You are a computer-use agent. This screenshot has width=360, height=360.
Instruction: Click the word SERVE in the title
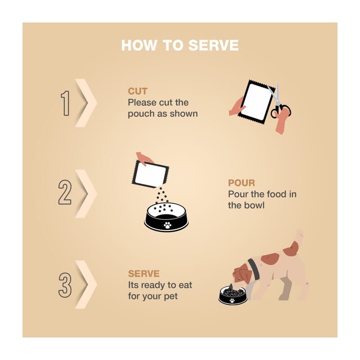(x=213, y=45)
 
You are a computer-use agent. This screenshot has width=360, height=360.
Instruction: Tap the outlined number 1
(x=65, y=103)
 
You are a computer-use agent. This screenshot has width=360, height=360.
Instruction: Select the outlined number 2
(x=65, y=192)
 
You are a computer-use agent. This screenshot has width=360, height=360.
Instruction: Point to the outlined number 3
(x=65, y=285)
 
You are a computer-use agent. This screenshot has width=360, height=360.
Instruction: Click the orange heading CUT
(x=138, y=91)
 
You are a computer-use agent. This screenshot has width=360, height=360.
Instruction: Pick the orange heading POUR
(x=241, y=183)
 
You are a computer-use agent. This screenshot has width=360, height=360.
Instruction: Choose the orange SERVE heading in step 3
(x=144, y=274)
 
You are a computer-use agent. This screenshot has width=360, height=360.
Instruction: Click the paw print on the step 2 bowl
(x=167, y=225)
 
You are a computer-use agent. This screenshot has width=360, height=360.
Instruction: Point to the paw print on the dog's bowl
(x=232, y=300)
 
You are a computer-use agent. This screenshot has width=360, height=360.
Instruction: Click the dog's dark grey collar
(x=254, y=269)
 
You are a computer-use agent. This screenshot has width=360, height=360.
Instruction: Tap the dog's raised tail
(x=300, y=237)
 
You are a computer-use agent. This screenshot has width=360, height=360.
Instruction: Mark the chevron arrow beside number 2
(x=86, y=194)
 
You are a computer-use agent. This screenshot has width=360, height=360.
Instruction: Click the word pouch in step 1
(x=141, y=114)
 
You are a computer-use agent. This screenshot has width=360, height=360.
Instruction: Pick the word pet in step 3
(x=171, y=297)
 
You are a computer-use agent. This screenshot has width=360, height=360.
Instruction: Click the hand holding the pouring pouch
(x=144, y=158)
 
